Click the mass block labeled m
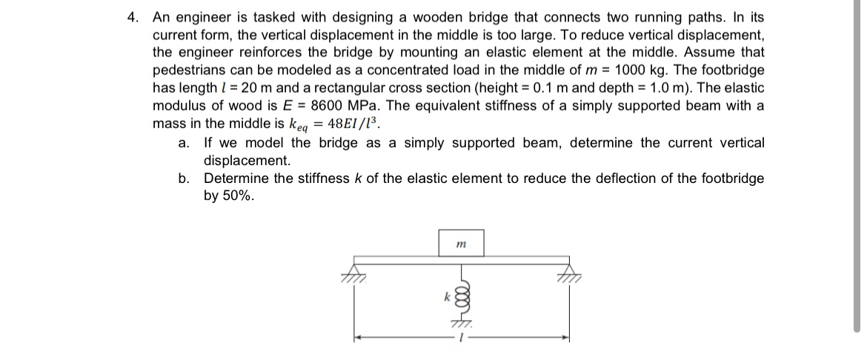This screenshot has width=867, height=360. [x=460, y=241]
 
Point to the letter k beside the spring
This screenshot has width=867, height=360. [x=448, y=296]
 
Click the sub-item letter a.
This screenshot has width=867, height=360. [x=183, y=142]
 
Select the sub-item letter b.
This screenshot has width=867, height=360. [x=183, y=178]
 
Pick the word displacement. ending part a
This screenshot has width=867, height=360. [x=247, y=160]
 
